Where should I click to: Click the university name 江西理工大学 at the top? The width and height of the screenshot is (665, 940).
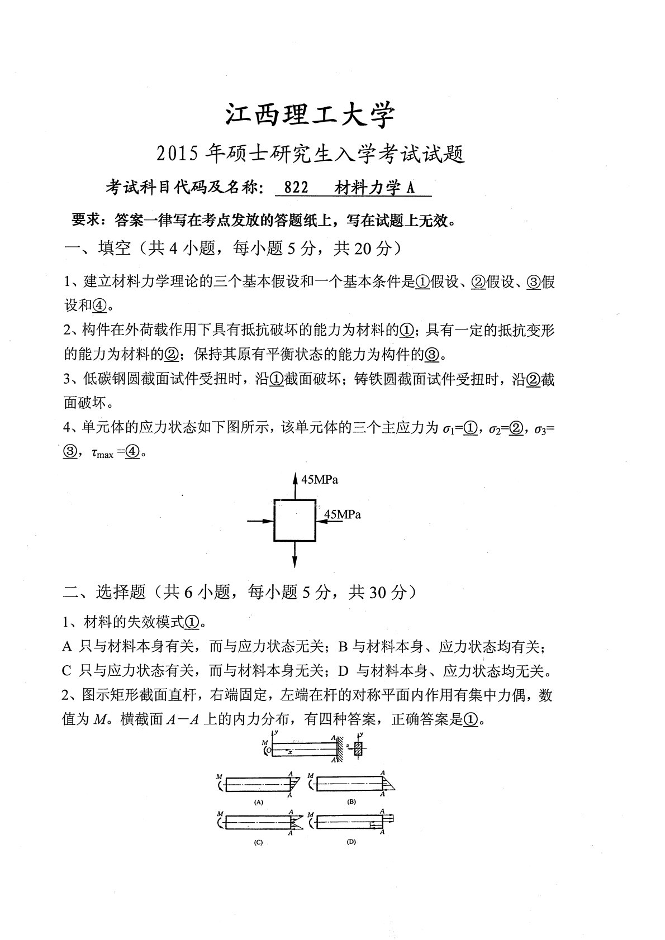(310, 116)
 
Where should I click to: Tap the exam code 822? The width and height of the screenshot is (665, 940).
(296, 188)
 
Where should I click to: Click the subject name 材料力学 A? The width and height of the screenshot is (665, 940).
(374, 188)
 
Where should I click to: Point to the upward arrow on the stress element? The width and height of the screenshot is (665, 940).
(294, 486)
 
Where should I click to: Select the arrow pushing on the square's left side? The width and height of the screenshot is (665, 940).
(260, 521)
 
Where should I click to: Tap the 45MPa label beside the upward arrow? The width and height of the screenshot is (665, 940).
(320, 479)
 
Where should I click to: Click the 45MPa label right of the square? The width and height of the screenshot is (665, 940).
(343, 514)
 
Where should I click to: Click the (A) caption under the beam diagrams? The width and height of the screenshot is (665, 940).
(258, 801)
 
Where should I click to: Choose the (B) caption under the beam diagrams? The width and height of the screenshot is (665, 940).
(351, 801)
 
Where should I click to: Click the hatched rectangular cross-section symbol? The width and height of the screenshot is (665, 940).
(358, 750)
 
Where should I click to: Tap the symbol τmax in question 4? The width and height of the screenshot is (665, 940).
(102, 454)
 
